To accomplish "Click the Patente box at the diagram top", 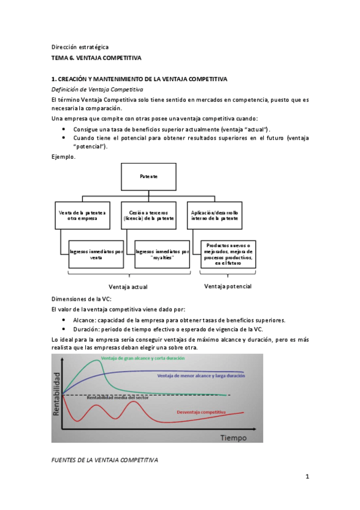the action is pos(150,177).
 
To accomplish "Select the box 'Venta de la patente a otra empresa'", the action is pos(82,215).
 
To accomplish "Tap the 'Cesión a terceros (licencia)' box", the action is pos(148,215).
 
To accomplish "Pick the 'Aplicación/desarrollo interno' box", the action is pos(214,215).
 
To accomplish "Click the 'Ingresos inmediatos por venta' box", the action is pos(96,254).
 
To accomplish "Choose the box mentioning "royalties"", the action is pos(162,254).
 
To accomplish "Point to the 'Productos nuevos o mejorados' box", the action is pos(229,254).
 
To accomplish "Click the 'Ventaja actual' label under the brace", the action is pos(127,287).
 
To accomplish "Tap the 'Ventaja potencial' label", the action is pos(228,286).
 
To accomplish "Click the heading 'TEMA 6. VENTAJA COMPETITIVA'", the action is pos(97,58).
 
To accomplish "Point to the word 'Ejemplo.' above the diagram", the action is pos(64,157).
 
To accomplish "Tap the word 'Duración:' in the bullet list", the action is pos(88,329).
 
